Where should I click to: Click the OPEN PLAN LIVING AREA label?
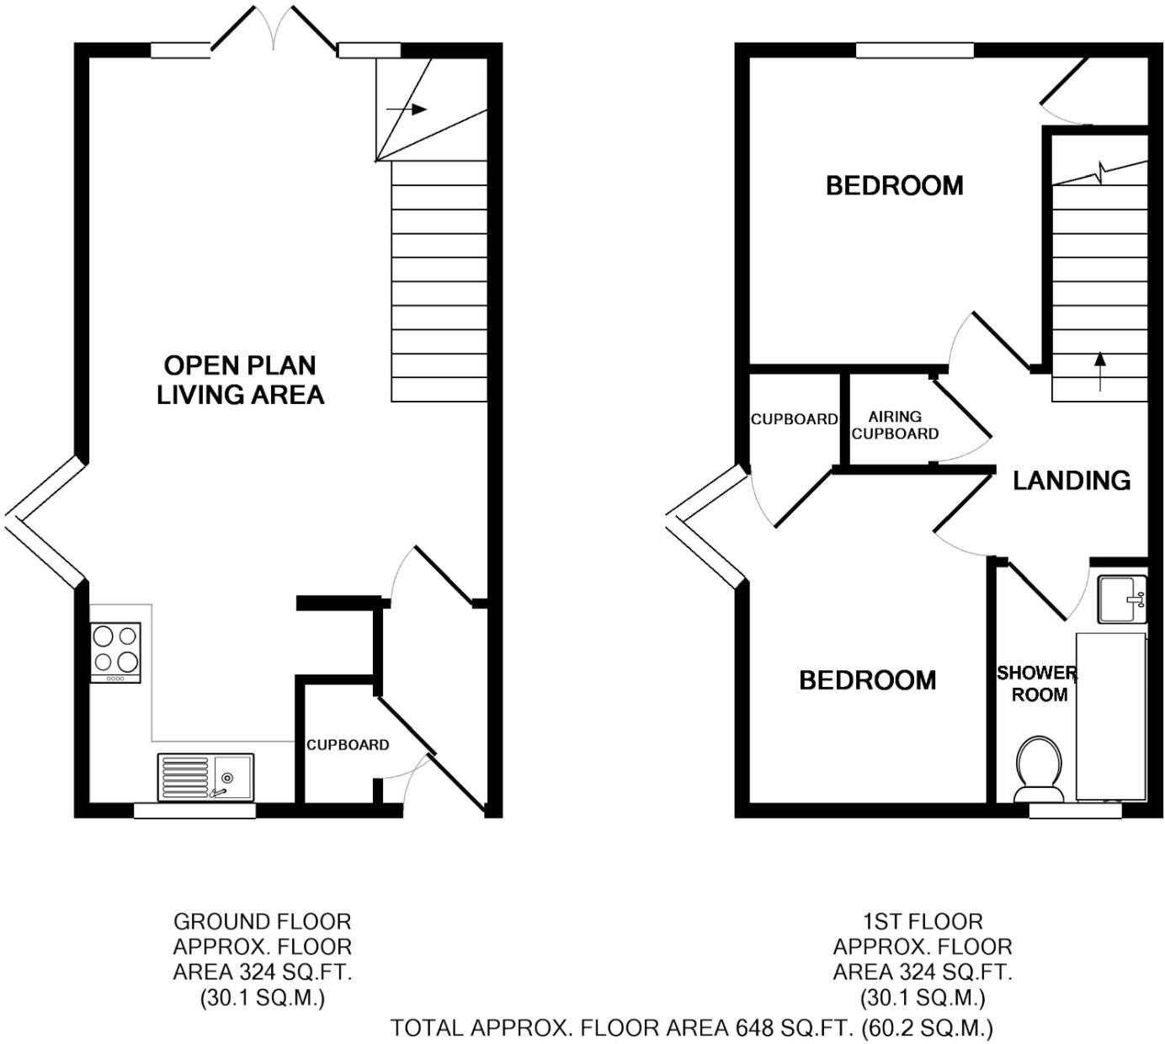pos(241,380)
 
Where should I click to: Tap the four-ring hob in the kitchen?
pos(116,651)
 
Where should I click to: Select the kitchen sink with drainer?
pos(205,776)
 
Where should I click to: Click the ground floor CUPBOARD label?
pos(348,745)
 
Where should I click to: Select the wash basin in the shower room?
pos(1122,599)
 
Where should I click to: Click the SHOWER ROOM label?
pos(1037,684)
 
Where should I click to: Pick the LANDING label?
pos(1072,481)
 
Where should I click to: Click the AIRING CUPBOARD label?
pos(895,425)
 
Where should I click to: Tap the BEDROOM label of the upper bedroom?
pos(894,186)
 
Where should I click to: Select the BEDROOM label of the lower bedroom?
pos(867,680)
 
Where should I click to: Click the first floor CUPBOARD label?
pos(794,419)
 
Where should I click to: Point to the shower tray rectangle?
pos(1111,716)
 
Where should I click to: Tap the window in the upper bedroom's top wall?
pos(915,51)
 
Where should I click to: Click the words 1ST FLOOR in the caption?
pos(923,922)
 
